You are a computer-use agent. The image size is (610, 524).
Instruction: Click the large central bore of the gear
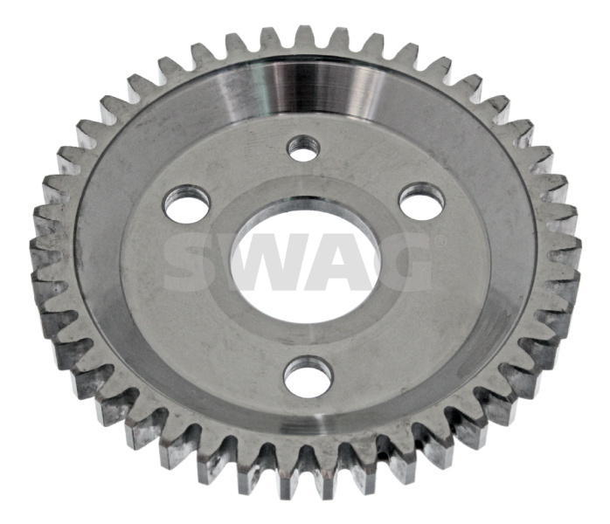pyautogui.click(x=306, y=260)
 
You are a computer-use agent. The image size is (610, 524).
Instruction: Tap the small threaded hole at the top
pyautogui.click(x=303, y=148)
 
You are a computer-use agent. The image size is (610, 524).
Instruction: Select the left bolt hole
pyautogui.click(x=187, y=204)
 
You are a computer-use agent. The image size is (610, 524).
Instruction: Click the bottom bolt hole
pyautogui.click(x=308, y=377)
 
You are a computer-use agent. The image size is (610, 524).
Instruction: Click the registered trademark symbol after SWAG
pyautogui.click(x=440, y=242)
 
